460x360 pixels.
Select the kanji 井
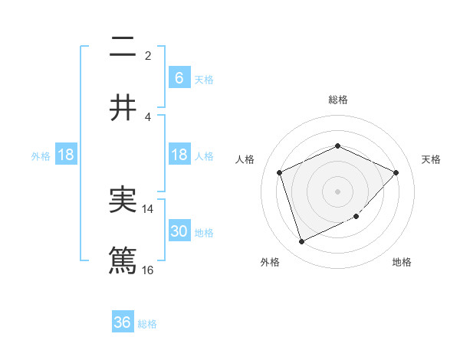[123, 108]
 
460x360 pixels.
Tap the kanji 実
[123, 201]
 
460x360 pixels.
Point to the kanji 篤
[123, 260]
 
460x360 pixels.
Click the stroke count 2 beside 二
[148, 55]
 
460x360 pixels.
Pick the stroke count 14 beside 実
[148, 208]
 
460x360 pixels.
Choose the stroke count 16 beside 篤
[148, 269]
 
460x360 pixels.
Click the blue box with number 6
[179, 78]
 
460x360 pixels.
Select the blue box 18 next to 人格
[179, 155]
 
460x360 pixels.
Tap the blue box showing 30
[179, 231]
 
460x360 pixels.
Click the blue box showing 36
[123, 322]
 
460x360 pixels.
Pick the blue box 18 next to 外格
[66, 155]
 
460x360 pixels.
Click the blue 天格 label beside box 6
[204, 80]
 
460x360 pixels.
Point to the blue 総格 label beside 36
[147, 324]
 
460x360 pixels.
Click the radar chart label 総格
[337, 100]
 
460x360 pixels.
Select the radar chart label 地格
[402, 262]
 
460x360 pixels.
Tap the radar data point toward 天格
[396, 172]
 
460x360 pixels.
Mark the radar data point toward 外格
[301, 242]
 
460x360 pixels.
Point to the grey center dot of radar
[337, 191]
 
